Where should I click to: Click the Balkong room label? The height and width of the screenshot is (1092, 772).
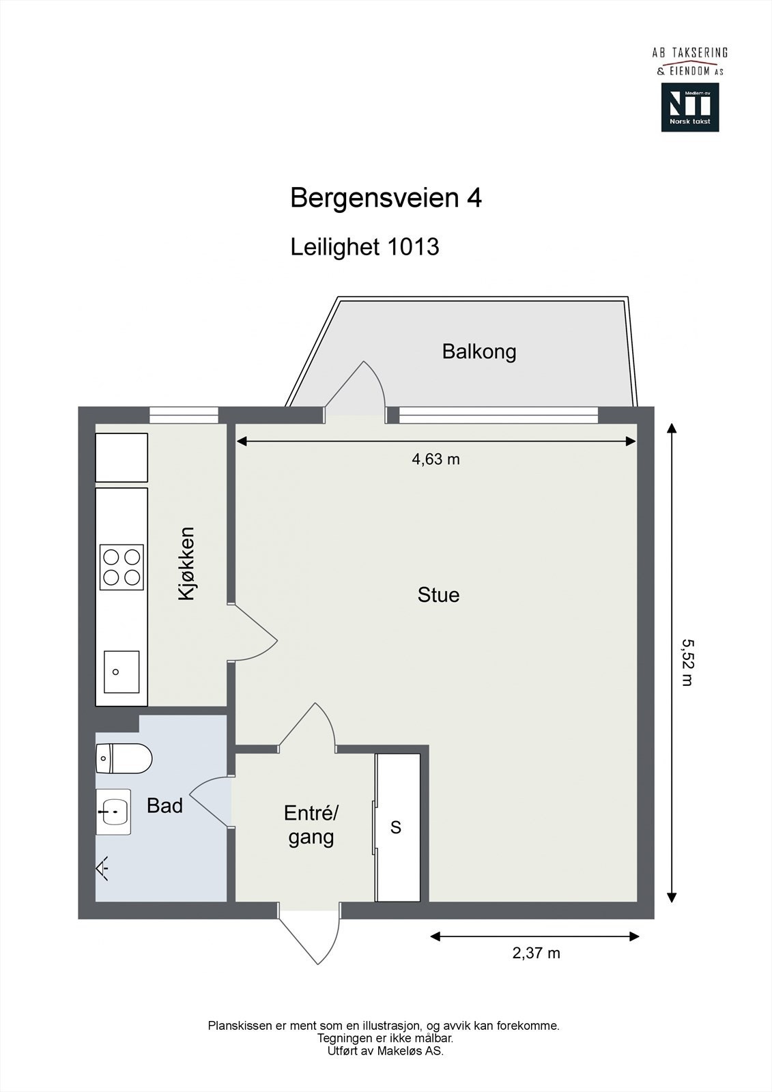coord(478,351)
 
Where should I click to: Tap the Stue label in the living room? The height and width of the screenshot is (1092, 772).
coord(438,594)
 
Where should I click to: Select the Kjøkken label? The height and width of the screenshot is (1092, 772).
coord(186,564)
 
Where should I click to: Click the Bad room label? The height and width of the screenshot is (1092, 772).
coord(165,805)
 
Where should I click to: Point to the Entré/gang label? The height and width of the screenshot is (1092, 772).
coord(311,824)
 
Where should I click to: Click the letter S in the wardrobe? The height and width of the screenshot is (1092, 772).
coord(396,827)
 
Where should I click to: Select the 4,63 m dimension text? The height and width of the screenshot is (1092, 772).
coord(435,459)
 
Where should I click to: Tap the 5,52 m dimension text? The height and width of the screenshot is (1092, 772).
coord(687,662)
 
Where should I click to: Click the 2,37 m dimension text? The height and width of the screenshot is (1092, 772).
coord(536,953)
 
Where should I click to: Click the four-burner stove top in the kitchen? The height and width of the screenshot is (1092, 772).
coord(121,567)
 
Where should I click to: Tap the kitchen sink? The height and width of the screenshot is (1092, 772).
coord(121,672)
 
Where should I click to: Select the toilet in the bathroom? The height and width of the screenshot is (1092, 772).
coord(123,758)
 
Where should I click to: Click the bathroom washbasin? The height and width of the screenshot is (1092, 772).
coord(113,812)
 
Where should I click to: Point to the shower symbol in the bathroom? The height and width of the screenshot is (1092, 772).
coord(102,869)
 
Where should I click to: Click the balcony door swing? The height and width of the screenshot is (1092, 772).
coord(355,390)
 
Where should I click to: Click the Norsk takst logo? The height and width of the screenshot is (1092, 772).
coord(689,107)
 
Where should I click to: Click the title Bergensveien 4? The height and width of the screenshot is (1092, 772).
coord(386,198)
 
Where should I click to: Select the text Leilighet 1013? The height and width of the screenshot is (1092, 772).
coord(364,246)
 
